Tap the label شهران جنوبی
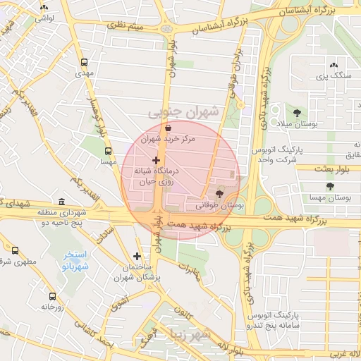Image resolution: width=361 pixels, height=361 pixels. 185,112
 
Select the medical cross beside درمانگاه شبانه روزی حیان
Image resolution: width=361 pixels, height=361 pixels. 156,161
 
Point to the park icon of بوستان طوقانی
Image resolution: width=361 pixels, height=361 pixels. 219,192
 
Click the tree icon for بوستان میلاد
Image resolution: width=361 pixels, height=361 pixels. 296,111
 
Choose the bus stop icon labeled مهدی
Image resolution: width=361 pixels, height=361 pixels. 85,62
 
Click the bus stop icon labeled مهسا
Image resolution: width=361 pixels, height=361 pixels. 108,150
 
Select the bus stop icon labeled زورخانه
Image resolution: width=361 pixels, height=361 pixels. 52,296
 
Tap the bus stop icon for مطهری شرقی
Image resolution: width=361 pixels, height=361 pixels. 16,250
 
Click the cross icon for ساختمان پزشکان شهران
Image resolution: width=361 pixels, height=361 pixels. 137,256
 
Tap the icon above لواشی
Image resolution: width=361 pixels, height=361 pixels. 45,7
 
